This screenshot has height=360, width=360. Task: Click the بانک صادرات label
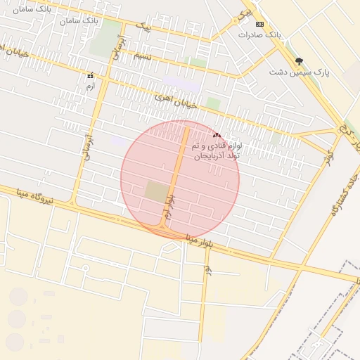259,34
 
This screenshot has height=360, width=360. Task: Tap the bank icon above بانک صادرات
259,24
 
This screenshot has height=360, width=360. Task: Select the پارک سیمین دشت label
300,72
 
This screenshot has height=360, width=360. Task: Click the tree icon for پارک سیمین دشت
300,61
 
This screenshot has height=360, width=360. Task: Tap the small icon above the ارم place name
90,75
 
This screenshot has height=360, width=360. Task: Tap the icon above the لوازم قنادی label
216,134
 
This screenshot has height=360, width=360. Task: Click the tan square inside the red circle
157,191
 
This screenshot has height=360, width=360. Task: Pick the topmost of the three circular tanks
18,297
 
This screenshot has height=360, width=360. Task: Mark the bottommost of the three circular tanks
15,342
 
